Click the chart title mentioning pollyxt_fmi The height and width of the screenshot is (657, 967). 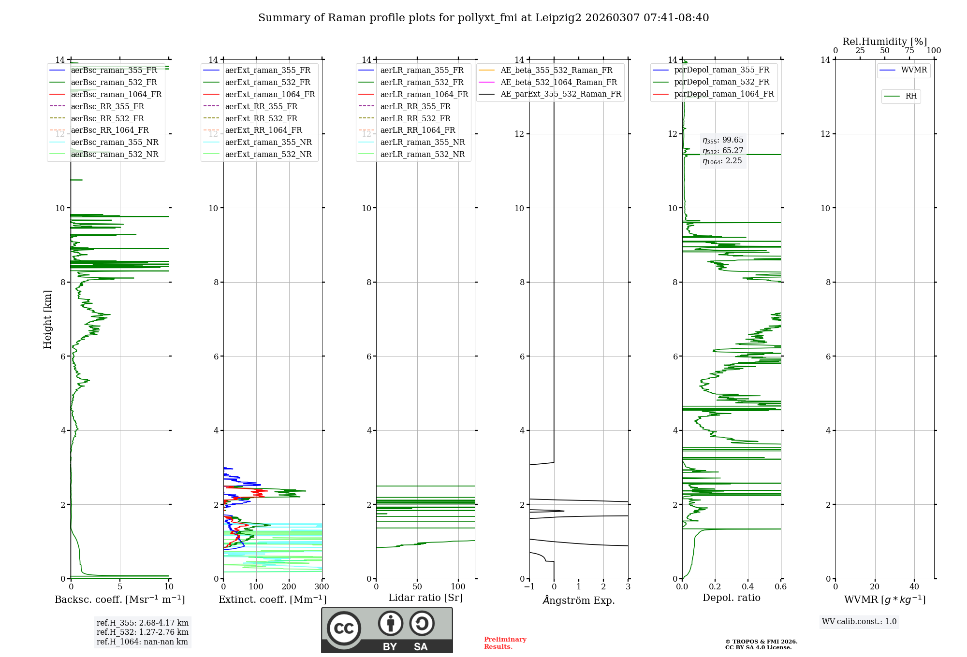483,18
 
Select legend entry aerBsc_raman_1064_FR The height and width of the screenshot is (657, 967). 116,94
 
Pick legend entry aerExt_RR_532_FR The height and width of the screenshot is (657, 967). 261,118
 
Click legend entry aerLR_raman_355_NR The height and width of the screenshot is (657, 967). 422,142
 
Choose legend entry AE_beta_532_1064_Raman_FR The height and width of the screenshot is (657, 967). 558,82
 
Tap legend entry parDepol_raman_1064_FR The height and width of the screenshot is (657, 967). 724,94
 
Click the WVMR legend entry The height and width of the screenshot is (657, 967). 914,70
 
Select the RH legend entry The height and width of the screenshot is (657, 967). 911,96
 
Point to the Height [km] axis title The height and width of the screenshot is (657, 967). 47,319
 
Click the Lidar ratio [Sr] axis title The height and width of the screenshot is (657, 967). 425,598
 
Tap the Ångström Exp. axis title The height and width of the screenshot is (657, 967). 579,600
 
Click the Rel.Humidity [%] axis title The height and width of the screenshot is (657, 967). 884,42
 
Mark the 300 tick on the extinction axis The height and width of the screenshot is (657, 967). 322,587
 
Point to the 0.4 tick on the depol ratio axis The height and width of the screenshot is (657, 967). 748,587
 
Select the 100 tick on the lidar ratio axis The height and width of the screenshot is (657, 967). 458,587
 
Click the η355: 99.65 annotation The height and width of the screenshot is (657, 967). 723,140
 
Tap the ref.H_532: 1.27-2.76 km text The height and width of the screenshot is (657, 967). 143,632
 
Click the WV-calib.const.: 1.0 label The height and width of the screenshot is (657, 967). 859,622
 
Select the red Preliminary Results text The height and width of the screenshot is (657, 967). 505,643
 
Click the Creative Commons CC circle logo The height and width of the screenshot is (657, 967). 344,628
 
